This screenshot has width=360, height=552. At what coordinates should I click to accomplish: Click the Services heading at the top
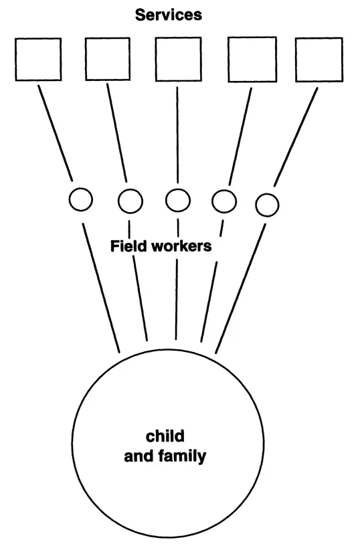click(x=168, y=15)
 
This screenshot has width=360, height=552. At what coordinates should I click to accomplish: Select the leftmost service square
click(x=38, y=59)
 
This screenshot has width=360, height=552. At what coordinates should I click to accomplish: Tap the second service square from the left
click(x=107, y=59)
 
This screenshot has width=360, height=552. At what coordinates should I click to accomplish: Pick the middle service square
click(x=177, y=59)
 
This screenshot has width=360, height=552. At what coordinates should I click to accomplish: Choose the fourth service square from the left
click(x=252, y=59)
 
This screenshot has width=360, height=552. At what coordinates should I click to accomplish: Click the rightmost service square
click(x=319, y=59)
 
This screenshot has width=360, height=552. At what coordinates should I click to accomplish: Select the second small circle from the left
click(x=130, y=199)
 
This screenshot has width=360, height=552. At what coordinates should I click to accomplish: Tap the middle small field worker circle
click(x=177, y=199)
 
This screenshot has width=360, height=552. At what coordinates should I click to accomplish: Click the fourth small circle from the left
click(x=224, y=199)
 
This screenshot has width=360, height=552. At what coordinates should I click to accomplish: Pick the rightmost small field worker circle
click(x=267, y=204)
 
